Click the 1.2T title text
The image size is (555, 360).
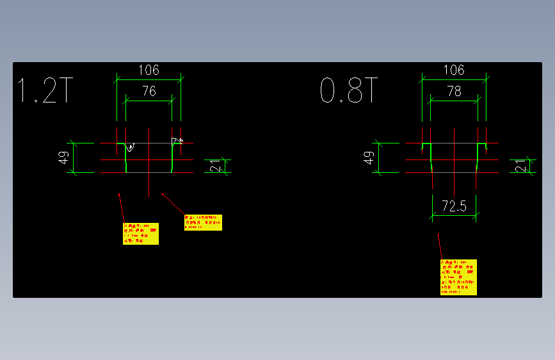(44, 91)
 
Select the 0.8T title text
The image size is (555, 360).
(350, 91)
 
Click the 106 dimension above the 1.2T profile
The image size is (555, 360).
(148, 70)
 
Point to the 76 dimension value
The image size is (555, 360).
(149, 92)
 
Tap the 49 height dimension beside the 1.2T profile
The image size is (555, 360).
(63, 158)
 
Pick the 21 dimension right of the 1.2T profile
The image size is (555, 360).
(215, 167)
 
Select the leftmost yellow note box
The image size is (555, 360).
(140, 234)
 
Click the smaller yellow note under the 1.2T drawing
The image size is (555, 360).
(203, 222)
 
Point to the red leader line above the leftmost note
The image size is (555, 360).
(121, 206)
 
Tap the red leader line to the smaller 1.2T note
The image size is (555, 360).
(172, 203)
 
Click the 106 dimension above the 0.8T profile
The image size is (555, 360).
(453, 70)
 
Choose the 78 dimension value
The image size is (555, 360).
(454, 92)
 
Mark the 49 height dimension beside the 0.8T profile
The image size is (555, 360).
(368, 158)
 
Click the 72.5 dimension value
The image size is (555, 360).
(454, 206)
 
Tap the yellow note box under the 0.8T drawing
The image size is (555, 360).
(458, 277)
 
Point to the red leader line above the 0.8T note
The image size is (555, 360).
(440, 247)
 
